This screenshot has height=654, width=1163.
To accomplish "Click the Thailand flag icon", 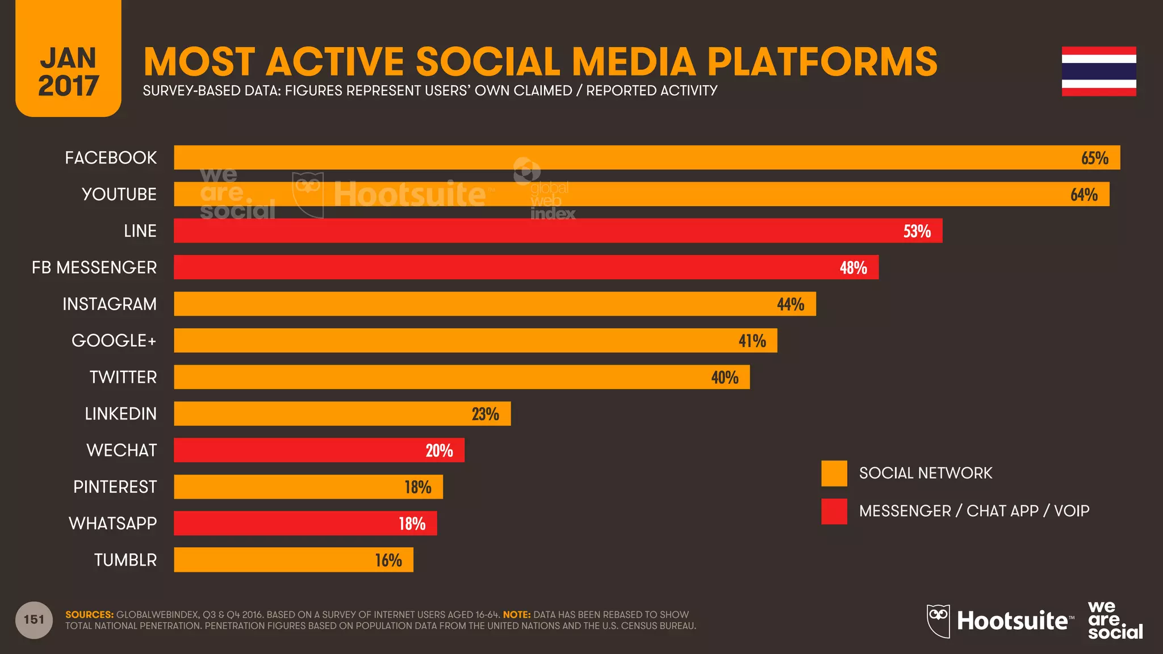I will pyautogui.click(x=1099, y=72).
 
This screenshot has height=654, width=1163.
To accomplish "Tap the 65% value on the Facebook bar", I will pyautogui.click(x=1094, y=158).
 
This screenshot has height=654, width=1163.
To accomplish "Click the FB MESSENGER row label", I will pyautogui.click(x=94, y=267).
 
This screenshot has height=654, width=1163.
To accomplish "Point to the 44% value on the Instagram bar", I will pyautogui.click(x=790, y=304).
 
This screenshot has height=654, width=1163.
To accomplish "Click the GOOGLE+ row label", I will pyautogui.click(x=114, y=341).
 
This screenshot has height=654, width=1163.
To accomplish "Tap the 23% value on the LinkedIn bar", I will pyautogui.click(x=485, y=414).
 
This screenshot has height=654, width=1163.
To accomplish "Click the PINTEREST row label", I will pyautogui.click(x=115, y=487).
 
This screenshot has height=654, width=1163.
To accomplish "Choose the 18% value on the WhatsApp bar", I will pyautogui.click(x=412, y=523).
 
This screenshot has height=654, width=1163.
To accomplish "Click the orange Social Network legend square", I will pyautogui.click(x=834, y=473).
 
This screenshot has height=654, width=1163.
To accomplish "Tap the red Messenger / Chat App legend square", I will pyautogui.click(x=834, y=512).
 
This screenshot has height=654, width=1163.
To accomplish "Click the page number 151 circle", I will pyautogui.click(x=34, y=620).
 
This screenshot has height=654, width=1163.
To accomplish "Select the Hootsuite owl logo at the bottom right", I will pyautogui.click(x=938, y=621).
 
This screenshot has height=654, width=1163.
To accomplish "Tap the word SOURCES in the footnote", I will pyautogui.click(x=89, y=615).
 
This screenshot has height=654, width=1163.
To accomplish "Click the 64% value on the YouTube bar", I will pyautogui.click(x=1083, y=195).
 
